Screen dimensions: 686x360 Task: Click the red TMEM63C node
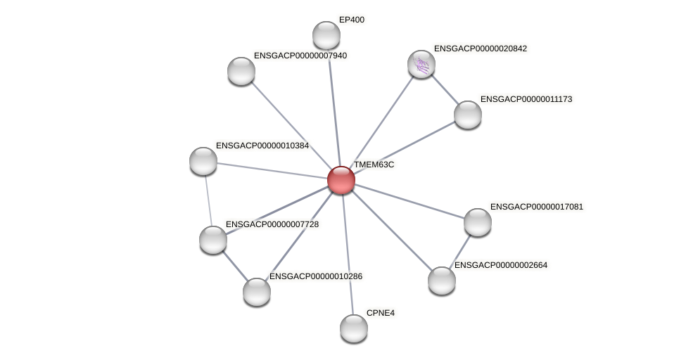click(x=341, y=180)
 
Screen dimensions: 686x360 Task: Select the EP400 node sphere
click(x=326, y=35)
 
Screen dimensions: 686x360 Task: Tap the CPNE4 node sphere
click(x=354, y=328)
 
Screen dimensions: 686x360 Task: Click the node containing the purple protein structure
click(x=421, y=64)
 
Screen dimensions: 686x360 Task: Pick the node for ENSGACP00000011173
click(x=468, y=115)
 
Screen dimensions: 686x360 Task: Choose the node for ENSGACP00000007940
click(x=241, y=71)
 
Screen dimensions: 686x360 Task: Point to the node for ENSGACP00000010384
click(x=203, y=161)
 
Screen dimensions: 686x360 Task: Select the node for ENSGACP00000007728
click(x=213, y=240)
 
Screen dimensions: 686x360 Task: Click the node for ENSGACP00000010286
click(x=257, y=292)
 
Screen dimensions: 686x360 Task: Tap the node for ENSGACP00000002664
click(x=442, y=281)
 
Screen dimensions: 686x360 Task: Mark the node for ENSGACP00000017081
click(x=478, y=222)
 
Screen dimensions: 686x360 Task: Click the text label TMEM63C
click(x=374, y=165)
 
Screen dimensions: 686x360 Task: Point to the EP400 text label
click(x=352, y=20)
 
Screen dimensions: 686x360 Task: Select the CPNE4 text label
click(x=381, y=313)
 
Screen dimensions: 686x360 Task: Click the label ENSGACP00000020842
click(x=481, y=49)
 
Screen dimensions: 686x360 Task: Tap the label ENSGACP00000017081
click(x=537, y=207)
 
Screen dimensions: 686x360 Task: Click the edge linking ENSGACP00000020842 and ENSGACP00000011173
click(x=445, y=90)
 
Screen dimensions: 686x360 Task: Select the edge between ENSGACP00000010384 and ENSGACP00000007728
click(x=208, y=200)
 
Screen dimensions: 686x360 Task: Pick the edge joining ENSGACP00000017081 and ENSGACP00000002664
click(x=460, y=252)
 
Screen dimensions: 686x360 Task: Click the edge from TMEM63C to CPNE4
click(x=348, y=254)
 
